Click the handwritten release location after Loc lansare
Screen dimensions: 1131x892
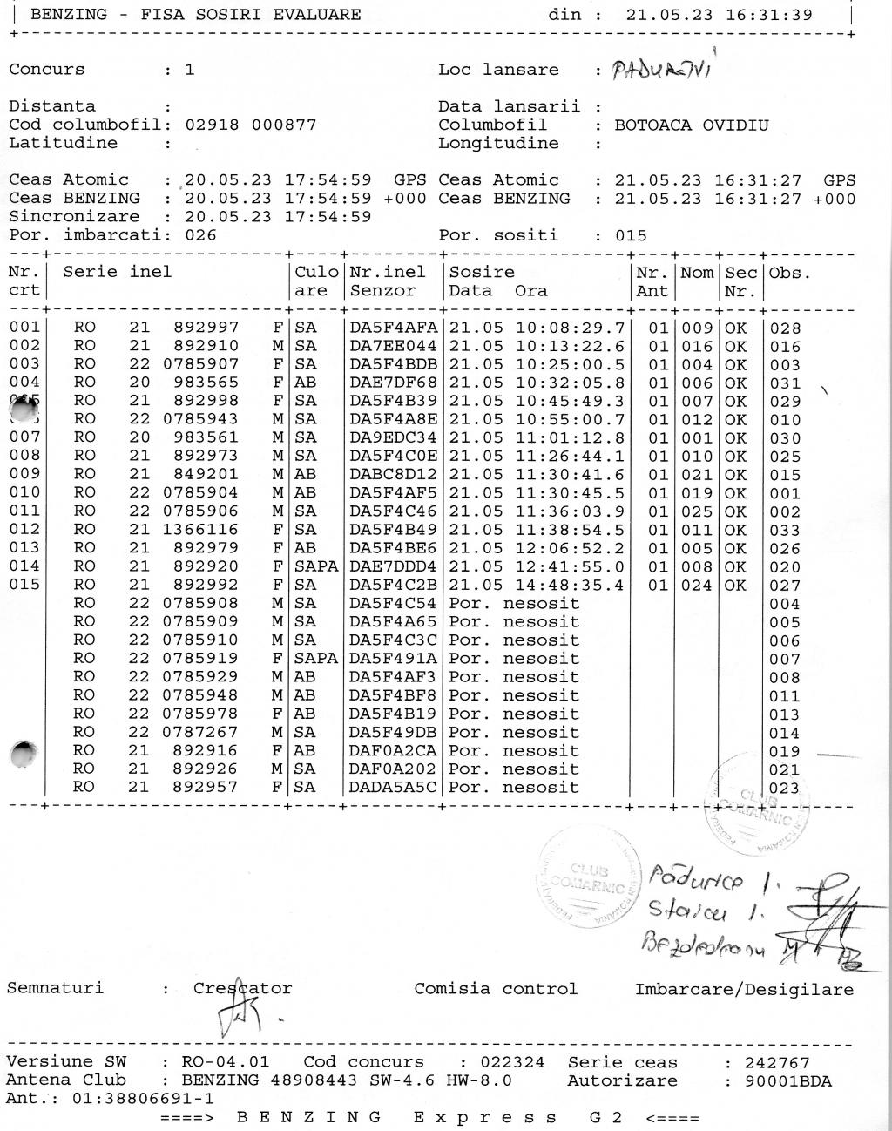point(662,70)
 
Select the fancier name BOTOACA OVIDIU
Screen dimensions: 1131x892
point(692,125)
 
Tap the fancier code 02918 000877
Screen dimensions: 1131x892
point(251,125)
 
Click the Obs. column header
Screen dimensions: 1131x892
point(790,273)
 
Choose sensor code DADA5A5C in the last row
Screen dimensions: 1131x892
point(393,788)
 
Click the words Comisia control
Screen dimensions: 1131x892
point(496,989)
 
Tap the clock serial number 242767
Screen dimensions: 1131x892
point(777,1063)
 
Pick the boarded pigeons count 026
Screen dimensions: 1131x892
point(201,235)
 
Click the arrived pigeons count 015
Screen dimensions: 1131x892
point(631,235)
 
